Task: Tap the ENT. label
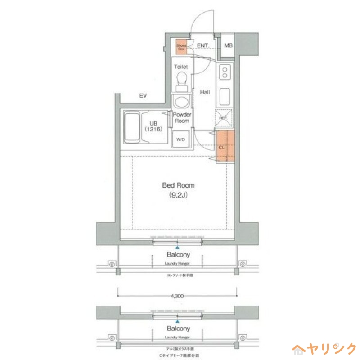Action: tap(203, 46)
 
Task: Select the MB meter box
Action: tap(229, 46)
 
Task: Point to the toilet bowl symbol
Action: tap(181, 81)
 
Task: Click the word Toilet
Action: tap(181, 67)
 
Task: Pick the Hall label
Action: tap(205, 92)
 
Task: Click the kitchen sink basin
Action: tap(224, 96)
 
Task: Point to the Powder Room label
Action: tap(182, 118)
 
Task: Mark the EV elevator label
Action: tap(143, 96)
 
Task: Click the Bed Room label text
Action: tap(179, 185)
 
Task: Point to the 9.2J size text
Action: tap(179, 195)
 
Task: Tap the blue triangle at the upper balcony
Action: tap(178, 247)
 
